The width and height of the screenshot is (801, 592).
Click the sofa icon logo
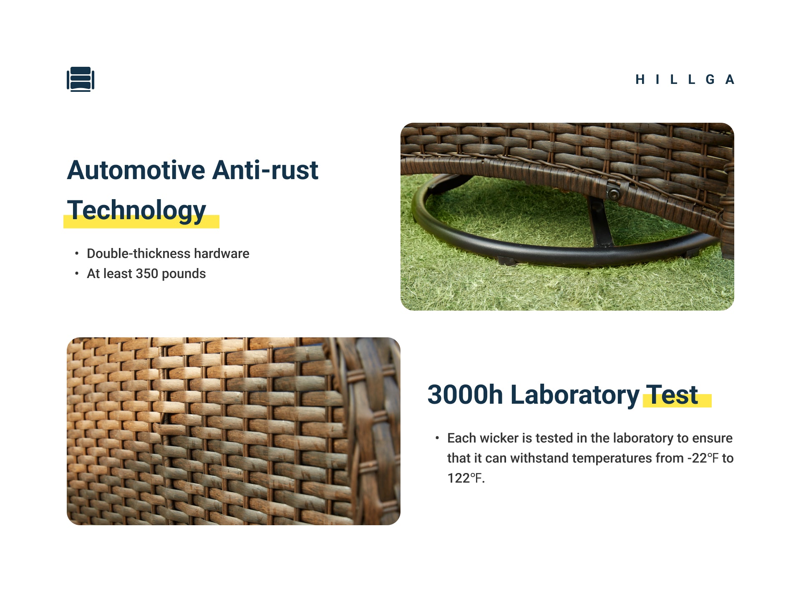pos(81,79)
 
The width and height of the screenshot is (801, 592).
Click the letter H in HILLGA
pos(640,79)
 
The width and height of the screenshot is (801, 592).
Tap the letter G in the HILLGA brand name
pos(710,79)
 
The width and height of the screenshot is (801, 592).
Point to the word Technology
pos(136,211)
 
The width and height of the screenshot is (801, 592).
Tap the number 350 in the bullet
pos(147,273)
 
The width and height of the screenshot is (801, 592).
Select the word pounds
pos(184,274)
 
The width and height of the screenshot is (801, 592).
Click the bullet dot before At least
pos(77,273)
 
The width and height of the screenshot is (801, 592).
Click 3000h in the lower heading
pos(465,395)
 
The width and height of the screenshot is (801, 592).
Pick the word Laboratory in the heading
pos(575,395)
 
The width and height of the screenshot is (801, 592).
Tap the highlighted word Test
pos(672,395)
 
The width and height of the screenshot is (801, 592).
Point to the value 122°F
pos(465,478)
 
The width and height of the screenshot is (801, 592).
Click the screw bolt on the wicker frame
pos(613,194)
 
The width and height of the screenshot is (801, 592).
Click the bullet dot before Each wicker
pos(437,438)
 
